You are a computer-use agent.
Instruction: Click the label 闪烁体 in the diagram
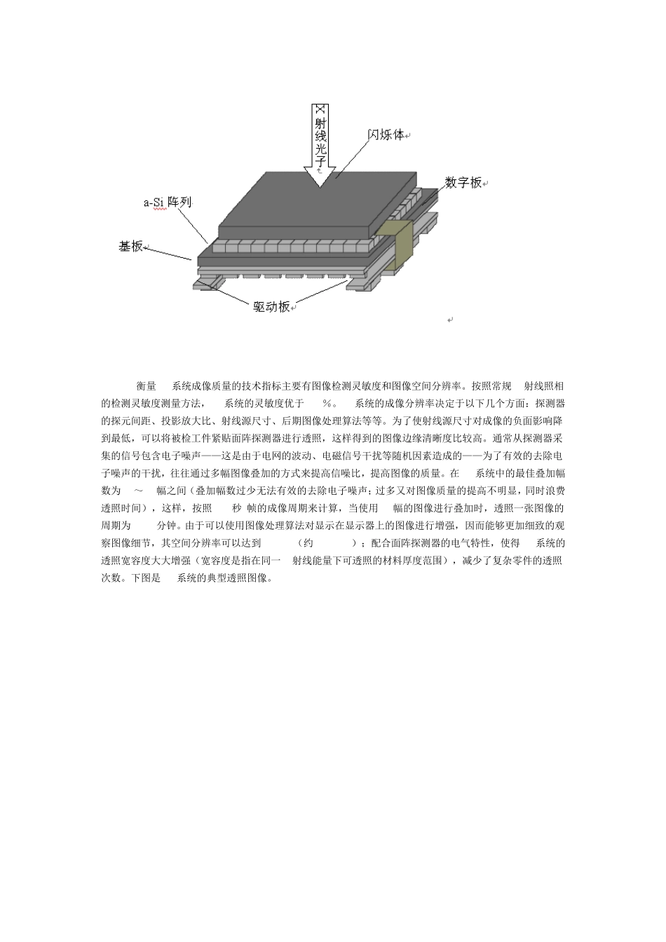coord(386,135)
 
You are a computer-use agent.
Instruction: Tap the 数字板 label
coord(463,183)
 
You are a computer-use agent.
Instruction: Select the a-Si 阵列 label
coord(168,203)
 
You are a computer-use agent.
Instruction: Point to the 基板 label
coord(131,246)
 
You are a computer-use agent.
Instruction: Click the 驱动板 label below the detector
coord(271,306)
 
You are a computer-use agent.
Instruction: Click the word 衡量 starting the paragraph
coord(146,386)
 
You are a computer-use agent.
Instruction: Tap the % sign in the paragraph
coord(326,404)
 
